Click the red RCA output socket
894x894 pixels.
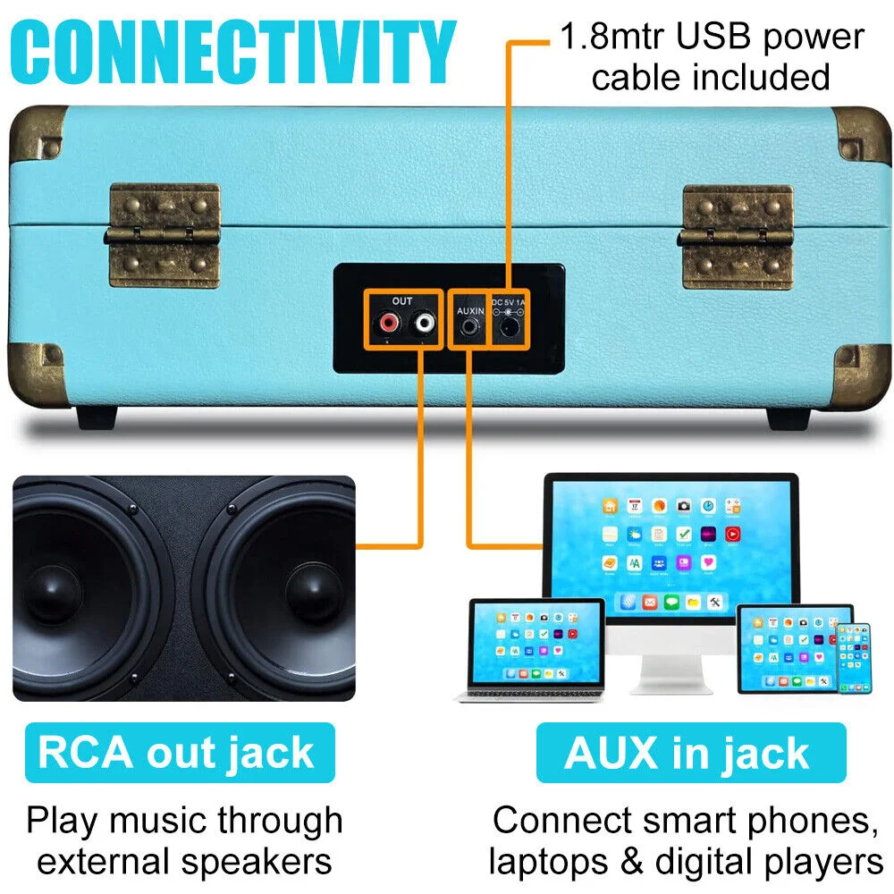point(389,323)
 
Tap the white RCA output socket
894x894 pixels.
point(421,323)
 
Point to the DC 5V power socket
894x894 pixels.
point(510,328)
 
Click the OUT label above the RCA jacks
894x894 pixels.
point(401,300)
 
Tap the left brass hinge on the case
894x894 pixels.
point(164,236)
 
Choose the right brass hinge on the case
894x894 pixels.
point(738,238)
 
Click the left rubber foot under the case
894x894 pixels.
point(97,417)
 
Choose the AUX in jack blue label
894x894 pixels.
point(688,753)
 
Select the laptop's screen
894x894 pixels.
point(536,644)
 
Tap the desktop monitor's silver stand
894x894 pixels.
point(670,666)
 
